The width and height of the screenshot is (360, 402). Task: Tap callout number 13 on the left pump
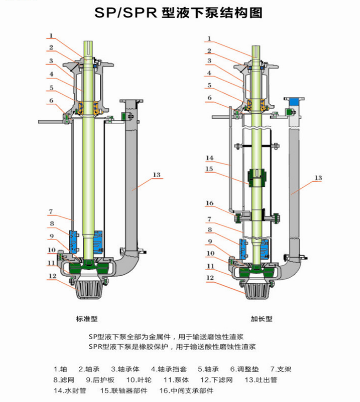tap(156, 175)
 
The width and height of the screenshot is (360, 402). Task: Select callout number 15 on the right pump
tap(209, 169)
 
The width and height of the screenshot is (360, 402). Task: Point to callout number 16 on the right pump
tap(209, 203)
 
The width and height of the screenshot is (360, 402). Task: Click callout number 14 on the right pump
tap(209, 158)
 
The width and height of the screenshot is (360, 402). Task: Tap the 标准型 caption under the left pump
tap(87, 319)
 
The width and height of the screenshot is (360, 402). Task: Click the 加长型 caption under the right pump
tap(261, 319)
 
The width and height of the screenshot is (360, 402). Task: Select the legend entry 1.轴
tap(61, 369)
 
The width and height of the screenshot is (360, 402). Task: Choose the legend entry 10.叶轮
tap(139, 380)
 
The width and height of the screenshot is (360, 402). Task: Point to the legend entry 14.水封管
tap(70, 390)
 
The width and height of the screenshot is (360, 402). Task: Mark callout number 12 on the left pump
tap(52, 276)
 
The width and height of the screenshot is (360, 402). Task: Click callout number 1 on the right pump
tap(209, 39)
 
